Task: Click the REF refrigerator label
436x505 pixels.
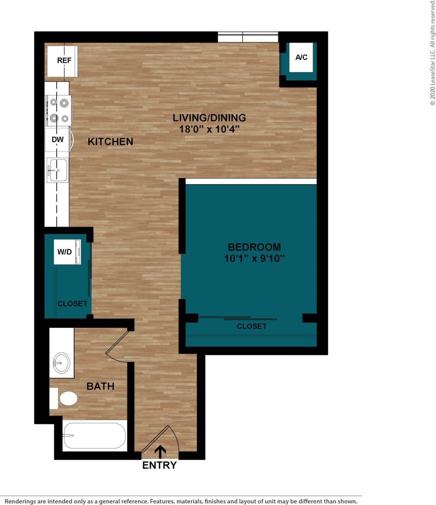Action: [64, 60]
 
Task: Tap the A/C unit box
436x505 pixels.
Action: [301, 57]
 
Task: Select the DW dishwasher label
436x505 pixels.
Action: [58, 140]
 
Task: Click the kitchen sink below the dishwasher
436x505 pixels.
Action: [57, 170]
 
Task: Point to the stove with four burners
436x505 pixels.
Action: [59, 110]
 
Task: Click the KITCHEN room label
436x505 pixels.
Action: [110, 142]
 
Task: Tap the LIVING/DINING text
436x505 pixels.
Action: [209, 118]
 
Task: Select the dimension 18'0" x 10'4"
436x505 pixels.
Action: [209, 129]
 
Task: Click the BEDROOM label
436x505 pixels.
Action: [254, 247]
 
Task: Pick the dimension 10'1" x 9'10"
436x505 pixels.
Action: [254, 258]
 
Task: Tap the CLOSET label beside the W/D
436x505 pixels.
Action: [72, 303]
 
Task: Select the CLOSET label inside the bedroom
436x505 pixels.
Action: [251, 326]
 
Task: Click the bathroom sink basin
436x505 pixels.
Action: [62, 363]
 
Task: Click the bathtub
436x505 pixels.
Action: [94, 436]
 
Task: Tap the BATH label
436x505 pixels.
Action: [100, 386]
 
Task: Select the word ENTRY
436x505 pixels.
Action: [159, 465]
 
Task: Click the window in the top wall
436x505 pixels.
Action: [248, 37]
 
